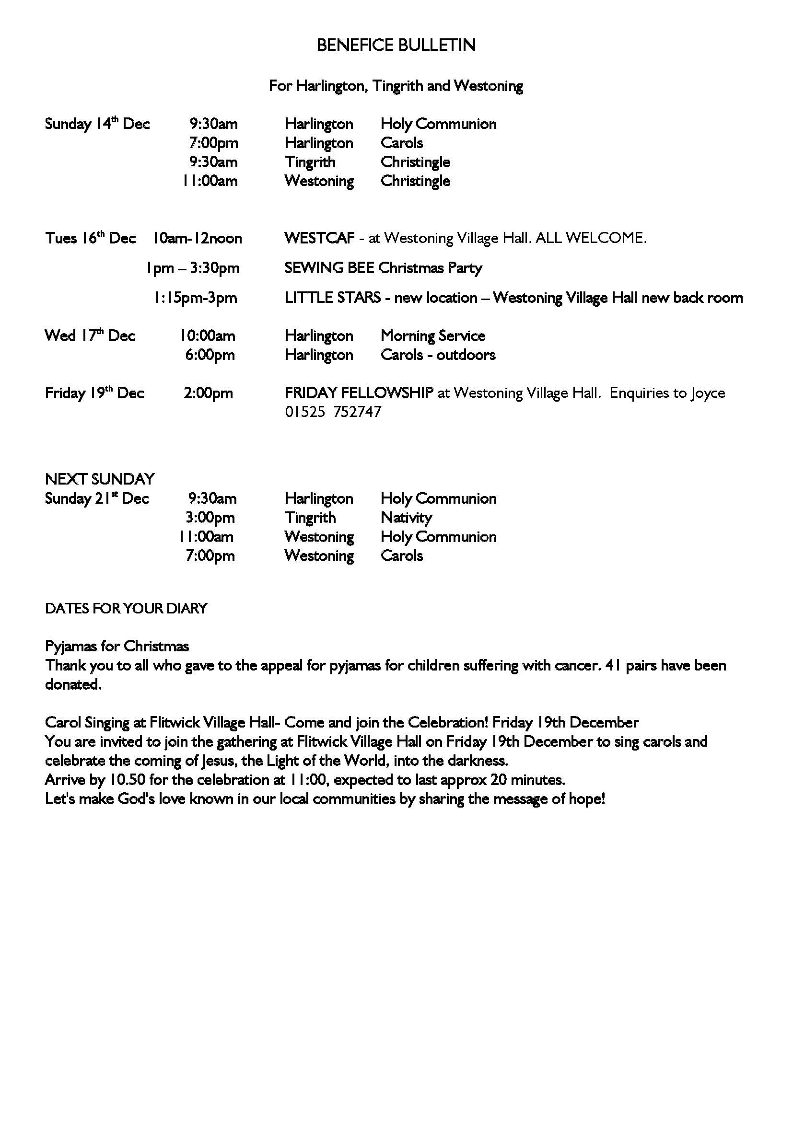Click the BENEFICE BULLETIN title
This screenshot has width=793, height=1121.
pyautogui.click(x=396, y=46)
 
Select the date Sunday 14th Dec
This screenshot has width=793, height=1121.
pyautogui.click(x=97, y=124)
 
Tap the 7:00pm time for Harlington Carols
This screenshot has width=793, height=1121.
pyautogui.click(x=213, y=143)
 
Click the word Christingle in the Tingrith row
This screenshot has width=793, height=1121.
pyautogui.click(x=415, y=162)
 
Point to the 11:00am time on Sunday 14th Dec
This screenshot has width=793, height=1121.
pyautogui.click(x=210, y=181)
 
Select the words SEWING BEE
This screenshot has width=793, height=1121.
pyautogui.click(x=329, y=268)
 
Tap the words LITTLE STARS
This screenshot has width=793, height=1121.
pyautogui.click(x=333, y=298)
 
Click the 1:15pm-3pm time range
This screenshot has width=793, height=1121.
pyautogui.click(x=196, y=298)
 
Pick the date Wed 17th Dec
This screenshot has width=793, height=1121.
pyautogui.click(x=90, y=336)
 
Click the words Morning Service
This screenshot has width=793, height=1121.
pyautogui.click(x=432, y=336)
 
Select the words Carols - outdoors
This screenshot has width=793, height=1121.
pyautogui.click(x=438, y=355)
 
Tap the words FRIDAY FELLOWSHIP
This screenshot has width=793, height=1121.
pyautogui.click(x=359, y=393)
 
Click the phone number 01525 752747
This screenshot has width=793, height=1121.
pyautogui.click(x=333, y=412)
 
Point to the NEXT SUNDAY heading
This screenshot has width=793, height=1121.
pyautogui.click(x=100, y=479)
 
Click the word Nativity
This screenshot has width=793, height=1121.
pyautogui.click(x=406, y=518)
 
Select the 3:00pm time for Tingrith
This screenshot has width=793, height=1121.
pyautogui.click(x=210, y=518)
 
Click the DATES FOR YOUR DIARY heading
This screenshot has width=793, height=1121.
pyautogui.click(x=126, y=608)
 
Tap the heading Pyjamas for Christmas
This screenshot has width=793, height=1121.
pyautogui.click(x=117, y=647)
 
